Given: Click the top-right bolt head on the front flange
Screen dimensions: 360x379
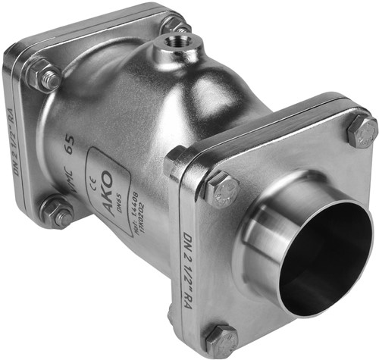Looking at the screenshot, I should coord(362,132).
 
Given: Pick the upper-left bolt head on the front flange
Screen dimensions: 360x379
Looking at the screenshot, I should coord(221,189).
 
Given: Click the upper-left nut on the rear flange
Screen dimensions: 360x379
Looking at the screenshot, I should coord(42,75).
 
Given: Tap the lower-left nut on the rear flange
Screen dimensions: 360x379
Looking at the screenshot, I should coord(57,213).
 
